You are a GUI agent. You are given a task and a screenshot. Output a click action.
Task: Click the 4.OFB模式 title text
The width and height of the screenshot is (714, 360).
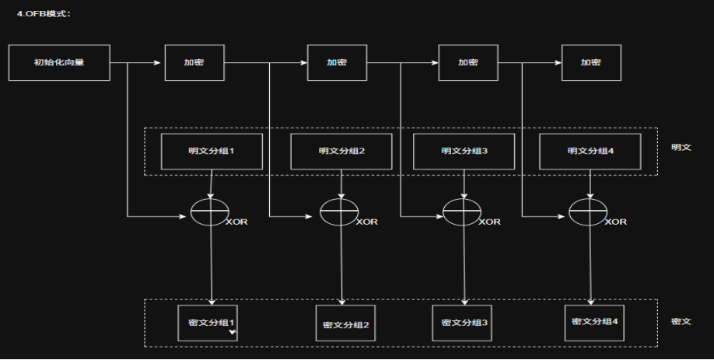(x=44, y=14)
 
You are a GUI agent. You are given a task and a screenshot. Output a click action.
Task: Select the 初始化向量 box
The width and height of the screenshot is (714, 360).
(x=59, y=62)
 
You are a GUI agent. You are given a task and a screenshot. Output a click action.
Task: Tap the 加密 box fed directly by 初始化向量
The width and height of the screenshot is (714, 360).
(x=194, y=62)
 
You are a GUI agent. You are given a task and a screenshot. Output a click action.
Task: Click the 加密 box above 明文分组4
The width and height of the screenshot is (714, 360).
(x=591, y=62)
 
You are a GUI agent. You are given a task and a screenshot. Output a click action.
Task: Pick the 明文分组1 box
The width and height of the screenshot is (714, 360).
(x=212, y=151)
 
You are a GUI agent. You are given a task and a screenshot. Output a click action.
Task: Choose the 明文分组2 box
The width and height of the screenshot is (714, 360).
(x=341, y=151)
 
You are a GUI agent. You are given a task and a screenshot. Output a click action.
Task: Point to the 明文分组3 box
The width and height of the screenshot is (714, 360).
(x=464, y=151)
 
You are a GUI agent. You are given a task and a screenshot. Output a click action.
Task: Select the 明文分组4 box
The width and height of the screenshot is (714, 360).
(x=590, y=151)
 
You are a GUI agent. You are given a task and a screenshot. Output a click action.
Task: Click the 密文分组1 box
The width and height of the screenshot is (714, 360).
(x=211, y=323)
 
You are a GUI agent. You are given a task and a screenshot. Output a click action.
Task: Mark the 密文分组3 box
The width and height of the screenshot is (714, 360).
(x=464, y=323)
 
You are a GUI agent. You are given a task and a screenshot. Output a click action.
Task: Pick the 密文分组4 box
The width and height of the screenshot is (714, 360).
(x=595, y=321)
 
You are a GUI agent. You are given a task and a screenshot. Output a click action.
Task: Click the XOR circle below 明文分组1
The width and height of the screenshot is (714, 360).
(x=210, y=212)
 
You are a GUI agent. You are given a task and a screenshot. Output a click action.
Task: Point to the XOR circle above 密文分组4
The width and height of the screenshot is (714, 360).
(x=587, y=212)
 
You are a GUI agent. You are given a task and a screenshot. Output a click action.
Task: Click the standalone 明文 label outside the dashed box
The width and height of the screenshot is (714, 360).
(x=681, y=147)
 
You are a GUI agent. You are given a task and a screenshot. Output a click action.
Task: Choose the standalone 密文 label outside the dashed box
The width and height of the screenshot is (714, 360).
(x=681, y=321)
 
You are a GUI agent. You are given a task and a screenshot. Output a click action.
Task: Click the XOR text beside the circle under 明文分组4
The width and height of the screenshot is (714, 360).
(x=616, y=222)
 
